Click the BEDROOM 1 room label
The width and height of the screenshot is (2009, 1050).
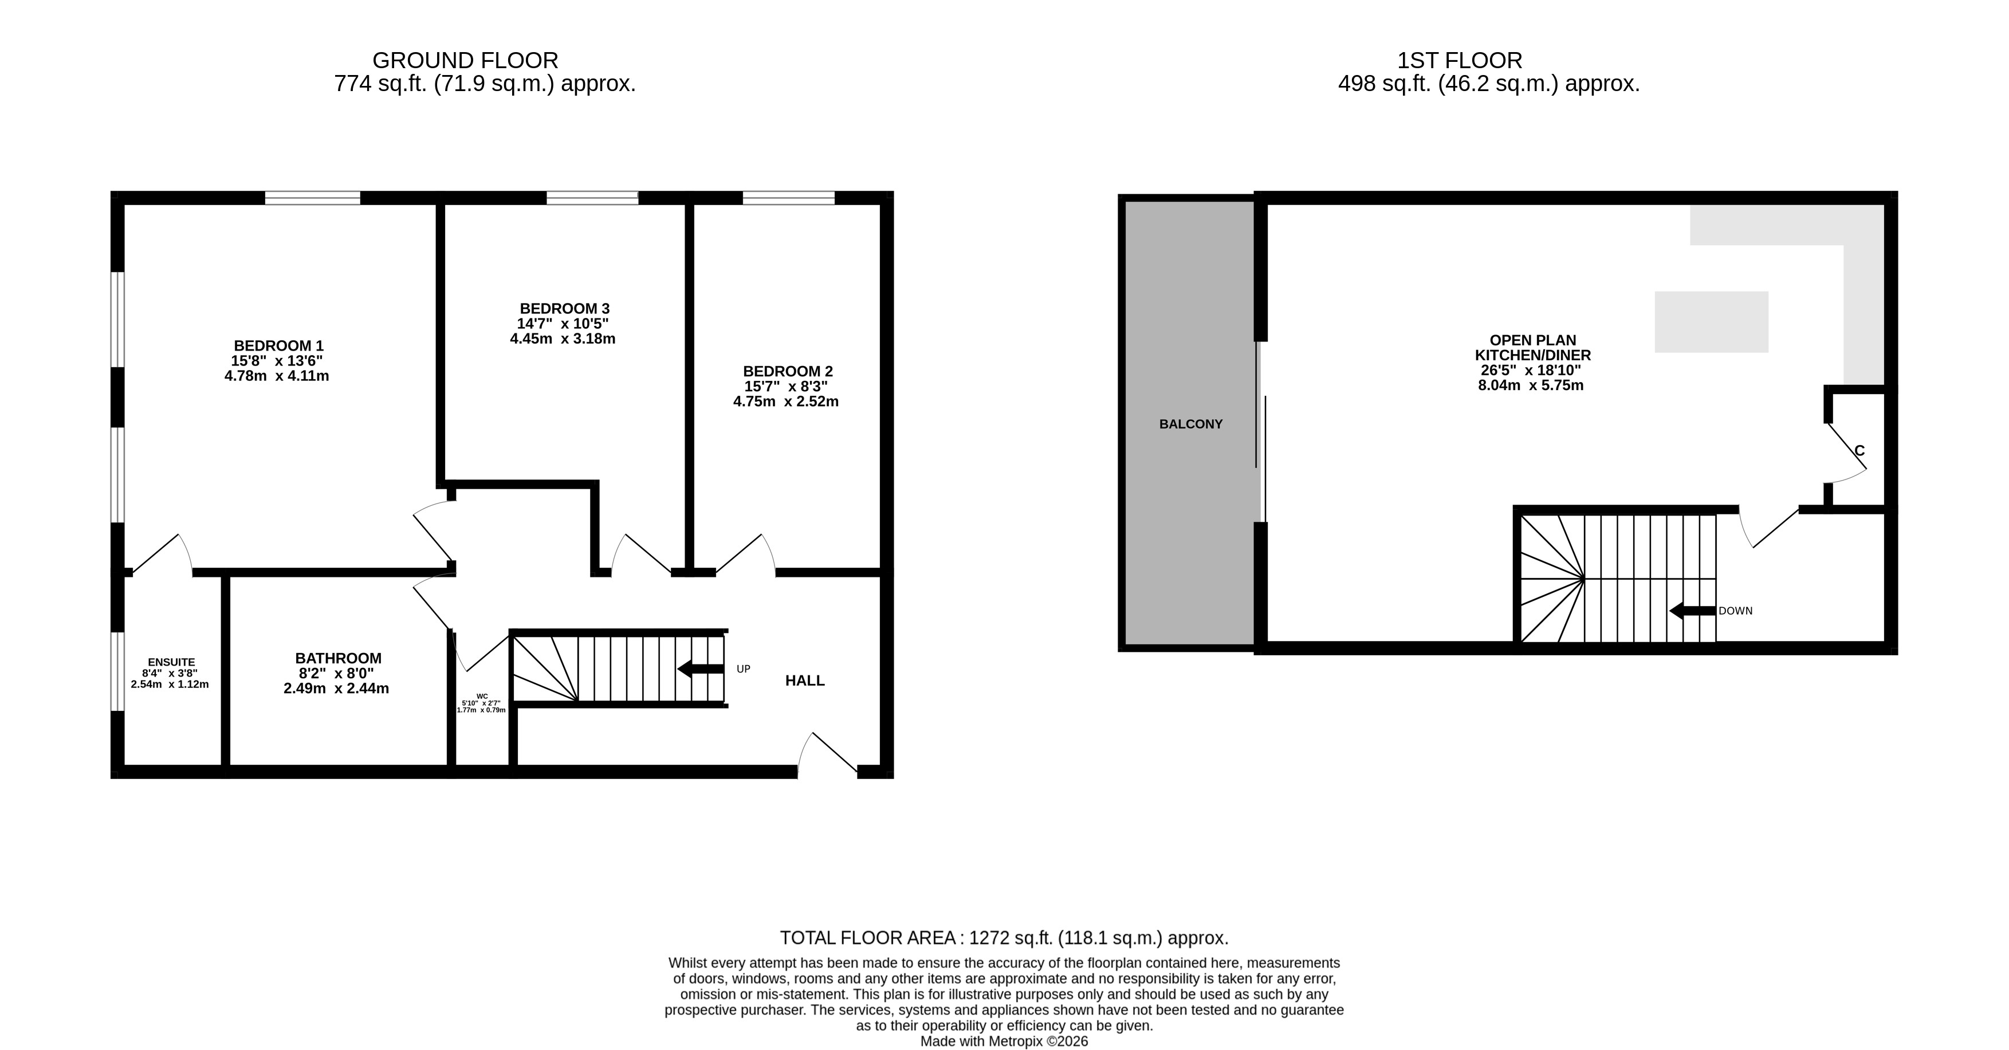tap(278, 345)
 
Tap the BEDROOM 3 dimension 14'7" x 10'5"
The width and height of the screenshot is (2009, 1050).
tap(563, 324)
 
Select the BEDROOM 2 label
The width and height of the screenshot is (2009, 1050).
tap(788, 371)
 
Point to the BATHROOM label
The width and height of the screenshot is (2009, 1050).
tap(337, 658)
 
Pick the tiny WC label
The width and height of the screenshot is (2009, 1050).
tap(482, 696)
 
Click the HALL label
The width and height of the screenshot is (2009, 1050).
tap(805, 681)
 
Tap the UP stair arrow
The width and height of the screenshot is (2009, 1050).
tap(701, 668)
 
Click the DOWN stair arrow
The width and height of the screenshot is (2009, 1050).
tap(1692, 611)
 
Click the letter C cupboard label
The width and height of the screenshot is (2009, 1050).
tap(1859, 451)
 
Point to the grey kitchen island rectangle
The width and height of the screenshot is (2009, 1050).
tap(1711, 321)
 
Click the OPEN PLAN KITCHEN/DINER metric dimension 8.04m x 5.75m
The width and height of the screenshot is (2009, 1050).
tap(1531, 386)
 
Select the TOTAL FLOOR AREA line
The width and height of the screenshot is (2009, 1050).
tap(1005, 938)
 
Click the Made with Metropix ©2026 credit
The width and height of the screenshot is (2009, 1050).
tap(1005, 1041)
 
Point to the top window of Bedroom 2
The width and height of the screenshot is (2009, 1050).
tap(788, 198)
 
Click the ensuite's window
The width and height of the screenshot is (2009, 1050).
tap(117, 671)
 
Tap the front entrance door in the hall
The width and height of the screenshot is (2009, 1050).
tap(827, 754)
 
